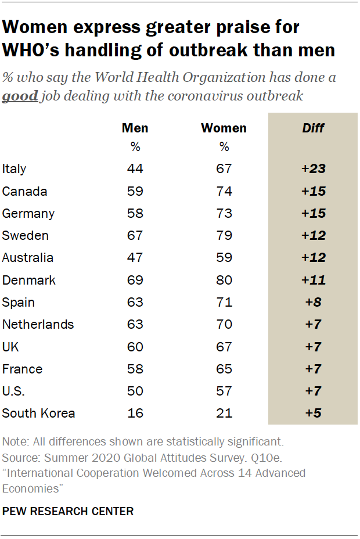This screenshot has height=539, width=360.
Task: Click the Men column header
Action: pos(135,128)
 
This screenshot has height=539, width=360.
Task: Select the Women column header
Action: pos(224,128)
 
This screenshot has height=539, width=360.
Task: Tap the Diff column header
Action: pos(314,128)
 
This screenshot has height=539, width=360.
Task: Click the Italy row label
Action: pos(15,169)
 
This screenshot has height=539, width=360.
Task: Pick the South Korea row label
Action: pos(38,414)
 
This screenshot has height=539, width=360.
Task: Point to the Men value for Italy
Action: pos(135,169)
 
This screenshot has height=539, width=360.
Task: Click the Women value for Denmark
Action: pos(224,280)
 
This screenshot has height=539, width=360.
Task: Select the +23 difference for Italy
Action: pos(314,169)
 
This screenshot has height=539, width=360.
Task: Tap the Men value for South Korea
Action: pos(135,414)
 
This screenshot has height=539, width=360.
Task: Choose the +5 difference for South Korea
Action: pos(314,414)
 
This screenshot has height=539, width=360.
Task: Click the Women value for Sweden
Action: pos(224,236)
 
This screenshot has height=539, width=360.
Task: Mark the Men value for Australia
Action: pos(135,258)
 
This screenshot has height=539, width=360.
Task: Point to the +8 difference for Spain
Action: pos(314,303)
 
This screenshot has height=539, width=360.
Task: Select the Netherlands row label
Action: pos(38,325)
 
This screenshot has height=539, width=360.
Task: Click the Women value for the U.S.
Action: pos(224,391)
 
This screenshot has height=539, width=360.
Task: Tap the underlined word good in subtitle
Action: pos(20,96)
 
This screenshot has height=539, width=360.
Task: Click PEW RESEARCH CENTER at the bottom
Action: pos(68,511)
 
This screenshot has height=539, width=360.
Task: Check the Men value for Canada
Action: pos(135,191)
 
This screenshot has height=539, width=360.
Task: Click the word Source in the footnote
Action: pos(19,458)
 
